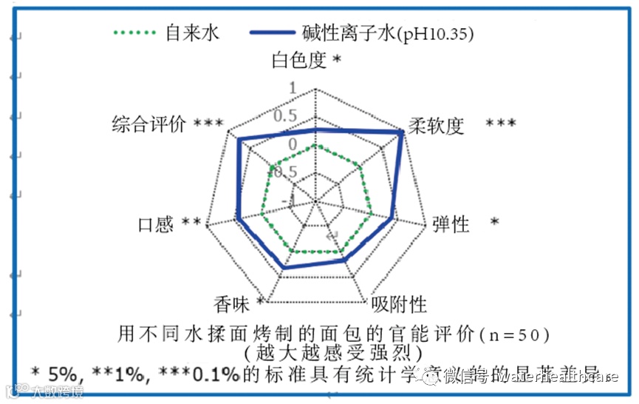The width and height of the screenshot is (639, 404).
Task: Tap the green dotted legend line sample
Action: pyautogui.click(x=135, y=33)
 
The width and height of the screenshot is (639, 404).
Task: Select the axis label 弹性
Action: pyautogui.click(x=451, y=223)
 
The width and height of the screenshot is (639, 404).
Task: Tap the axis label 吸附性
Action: pyautogui.click(x=399, y=303)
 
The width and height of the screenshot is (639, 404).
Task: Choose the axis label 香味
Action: pyautogui.click(x=232, y=303)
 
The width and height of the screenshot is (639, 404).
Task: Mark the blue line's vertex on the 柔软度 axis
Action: pyautogui.click(x=402, y=132)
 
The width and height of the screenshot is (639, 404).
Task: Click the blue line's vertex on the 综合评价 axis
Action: pyautogui.click(x=239, y=141)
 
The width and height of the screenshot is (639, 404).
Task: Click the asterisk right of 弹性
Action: pyautogui.click(x=494, y=223)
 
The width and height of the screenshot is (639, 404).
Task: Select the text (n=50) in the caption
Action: pyautogui.click(x=515, y=333)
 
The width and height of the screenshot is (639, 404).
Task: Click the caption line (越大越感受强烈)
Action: pyautogui.click(x=336, y=351)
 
